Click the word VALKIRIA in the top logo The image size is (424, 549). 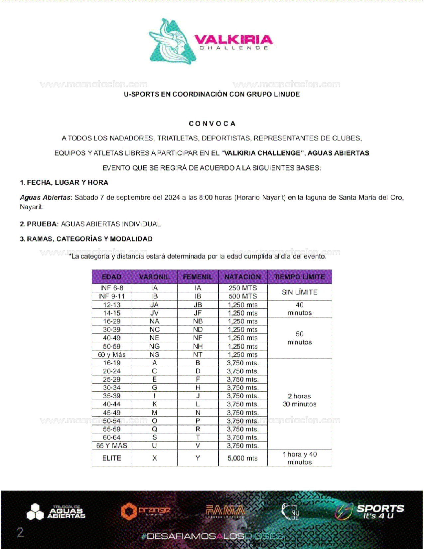click(233, 40)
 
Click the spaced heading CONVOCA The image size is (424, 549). click(212, 124)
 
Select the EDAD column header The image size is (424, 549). click(112, 277)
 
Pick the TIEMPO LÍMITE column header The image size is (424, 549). click(300, 277)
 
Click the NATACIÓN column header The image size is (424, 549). click(243, 277)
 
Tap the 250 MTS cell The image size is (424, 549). click(243, 288)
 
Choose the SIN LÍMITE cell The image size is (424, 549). click(300, 292)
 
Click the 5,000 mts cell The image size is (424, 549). click(243, 458)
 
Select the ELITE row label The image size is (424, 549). click(112, 458)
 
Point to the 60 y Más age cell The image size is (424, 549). click(112, 355)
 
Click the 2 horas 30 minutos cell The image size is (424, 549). click(300, 400)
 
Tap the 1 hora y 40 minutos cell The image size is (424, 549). click(300, 458)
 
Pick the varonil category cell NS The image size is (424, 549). click(154, 355)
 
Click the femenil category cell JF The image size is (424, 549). click(198, 313)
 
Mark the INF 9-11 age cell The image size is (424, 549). click(112, 296)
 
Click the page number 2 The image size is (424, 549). click(20, 532)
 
